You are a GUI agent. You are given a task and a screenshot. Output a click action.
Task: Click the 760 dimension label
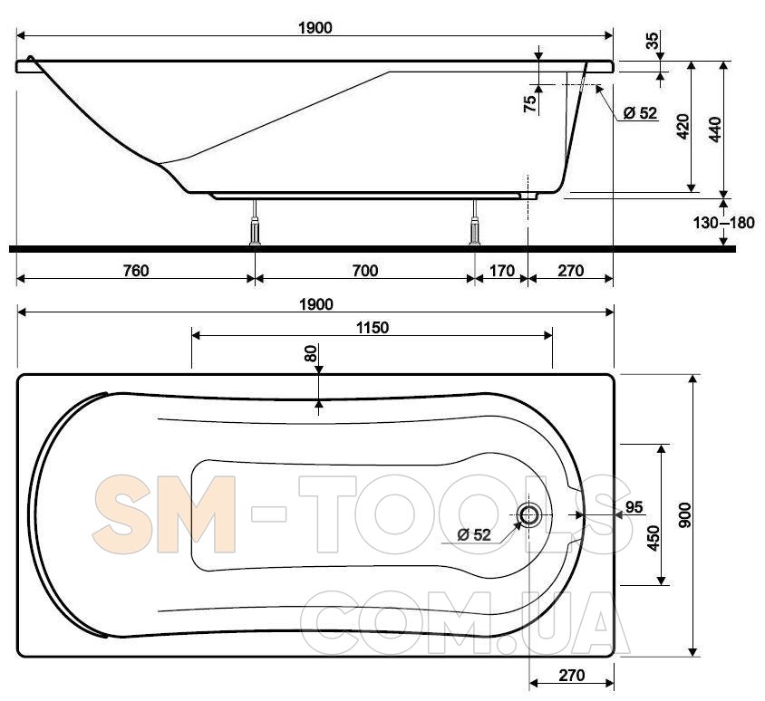pos(136,271)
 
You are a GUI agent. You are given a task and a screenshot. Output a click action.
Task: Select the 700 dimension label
pos(365,271)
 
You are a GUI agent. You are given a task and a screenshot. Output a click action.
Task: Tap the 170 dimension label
pos(501,271)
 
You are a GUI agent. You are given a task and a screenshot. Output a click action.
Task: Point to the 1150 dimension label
pos(373,328)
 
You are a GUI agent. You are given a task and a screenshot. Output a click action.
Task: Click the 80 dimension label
pos(311,353)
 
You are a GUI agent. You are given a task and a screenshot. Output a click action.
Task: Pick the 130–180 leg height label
pos(723,223)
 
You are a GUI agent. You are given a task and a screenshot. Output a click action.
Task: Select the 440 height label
pos(715,130)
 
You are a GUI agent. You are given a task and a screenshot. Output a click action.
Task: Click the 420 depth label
pos(683,126)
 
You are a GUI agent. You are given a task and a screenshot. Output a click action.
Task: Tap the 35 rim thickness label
pos(653,41)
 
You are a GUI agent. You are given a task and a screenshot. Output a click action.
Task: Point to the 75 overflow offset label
pos(530,104)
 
